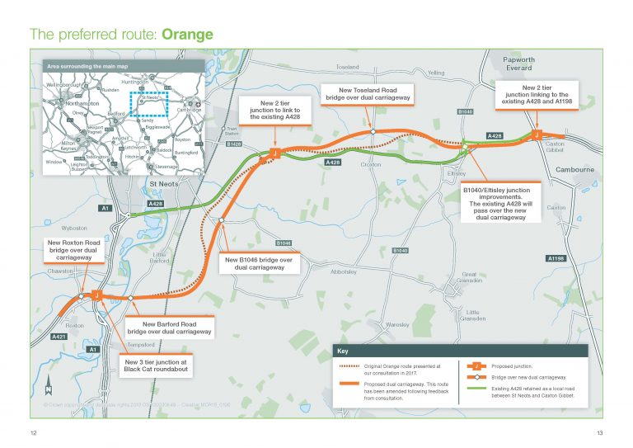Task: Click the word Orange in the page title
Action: click(x=188, y=35)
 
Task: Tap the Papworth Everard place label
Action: click(x=514, y=64)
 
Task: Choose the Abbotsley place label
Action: click(x=345, y=271)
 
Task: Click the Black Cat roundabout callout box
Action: click(x=156, y=365)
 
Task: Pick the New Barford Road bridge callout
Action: click(x=170, y=327)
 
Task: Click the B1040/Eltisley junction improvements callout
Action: click(x=501, y=202)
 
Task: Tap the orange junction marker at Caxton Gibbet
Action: click(x=537, y=134)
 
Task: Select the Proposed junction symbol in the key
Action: click(x=476, y=365)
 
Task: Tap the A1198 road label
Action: click(x=556, y=259)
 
